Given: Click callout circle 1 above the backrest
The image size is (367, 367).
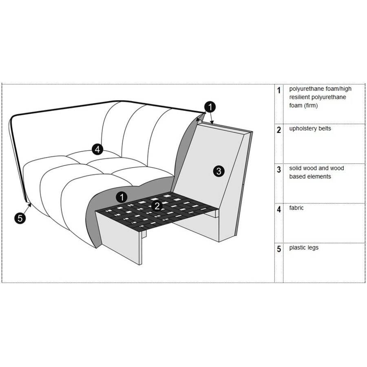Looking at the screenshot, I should [x=209, y=107].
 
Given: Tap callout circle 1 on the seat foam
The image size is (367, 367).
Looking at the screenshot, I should [x=121, y=197].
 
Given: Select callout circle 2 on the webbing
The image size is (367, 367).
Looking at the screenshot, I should [x=157, y=206].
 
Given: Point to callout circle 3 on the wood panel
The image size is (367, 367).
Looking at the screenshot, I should [x=219, y=171].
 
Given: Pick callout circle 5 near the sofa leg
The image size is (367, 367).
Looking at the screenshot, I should [x=20, y=218].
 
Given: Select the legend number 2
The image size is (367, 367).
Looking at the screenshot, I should [x=279, y=130].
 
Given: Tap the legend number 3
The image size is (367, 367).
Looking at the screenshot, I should [x=279, y=170].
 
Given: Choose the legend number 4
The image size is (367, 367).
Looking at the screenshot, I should [x=279, y=210].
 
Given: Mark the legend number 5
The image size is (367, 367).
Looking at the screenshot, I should [x=279, y=249].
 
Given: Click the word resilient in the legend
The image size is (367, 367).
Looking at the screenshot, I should [x=300, y=97].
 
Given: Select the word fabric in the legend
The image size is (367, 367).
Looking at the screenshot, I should [x=296, y=208].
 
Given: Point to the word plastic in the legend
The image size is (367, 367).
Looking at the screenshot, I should [x=298, y=248].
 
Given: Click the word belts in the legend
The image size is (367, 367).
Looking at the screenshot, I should [x=325, y=128].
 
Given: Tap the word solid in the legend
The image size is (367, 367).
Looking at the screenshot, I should [x=296, y=168].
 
